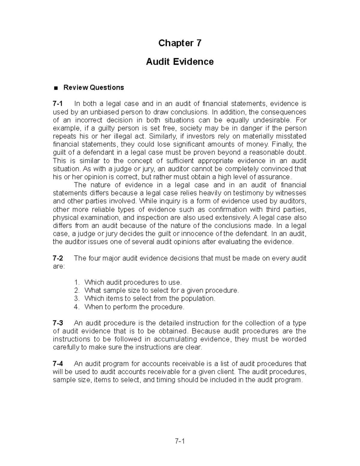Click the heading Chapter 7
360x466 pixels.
pyautogui.click(x=180, y=43)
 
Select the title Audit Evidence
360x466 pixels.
pyautogui.click(x=180, y=62)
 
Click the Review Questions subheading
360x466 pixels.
pyautogui.click(x=93, y=88)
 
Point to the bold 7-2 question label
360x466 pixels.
pyautogui.click(x=58, y=258)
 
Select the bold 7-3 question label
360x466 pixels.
pyautogui.click(x=58, y=323)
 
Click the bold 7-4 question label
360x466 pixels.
pyautogui.click(x=58, y=364)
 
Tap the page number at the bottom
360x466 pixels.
pyautogui.click(x=180, y=442)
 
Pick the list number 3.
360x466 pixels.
pyautogui.click(x=77, y=299)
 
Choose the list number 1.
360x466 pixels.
pyautogui.click(x=77, y=282)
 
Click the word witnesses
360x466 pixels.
pyautogui.click(x=291, y=193)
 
